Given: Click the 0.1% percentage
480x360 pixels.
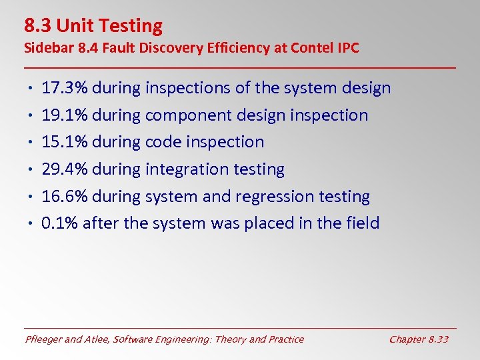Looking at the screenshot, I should click(x=59, y=223).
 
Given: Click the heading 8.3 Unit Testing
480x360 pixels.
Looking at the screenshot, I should click(x=93, y=26).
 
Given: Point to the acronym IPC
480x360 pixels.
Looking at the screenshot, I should click(x=347, y=48).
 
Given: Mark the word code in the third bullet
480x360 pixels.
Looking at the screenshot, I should click(x=163, y=142).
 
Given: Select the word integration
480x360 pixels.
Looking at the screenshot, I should click(x=186, y=169).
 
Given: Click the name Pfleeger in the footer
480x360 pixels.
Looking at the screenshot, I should click(x=45, y=339).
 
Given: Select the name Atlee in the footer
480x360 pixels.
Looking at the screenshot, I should click(x=98, y=339).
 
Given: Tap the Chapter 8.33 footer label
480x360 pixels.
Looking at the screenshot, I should click(x=419, y=339).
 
